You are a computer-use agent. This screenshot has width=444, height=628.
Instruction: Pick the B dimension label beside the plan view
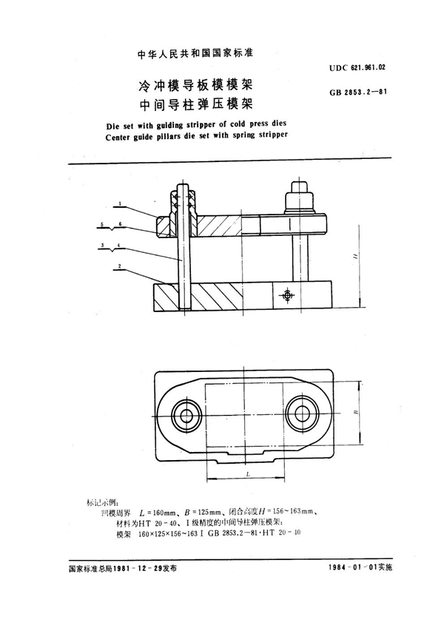[354, 415]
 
